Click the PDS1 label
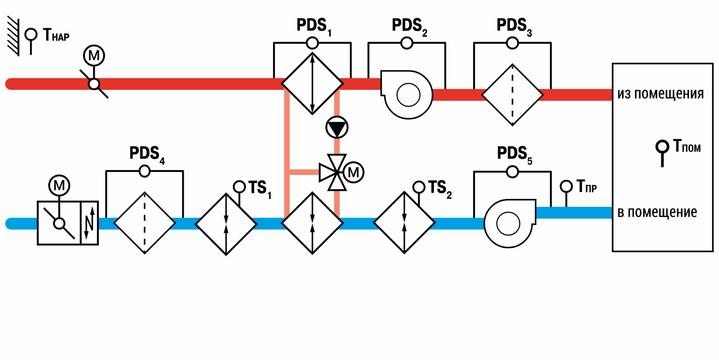(x=314, y=27)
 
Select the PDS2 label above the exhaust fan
(x=409, y=27)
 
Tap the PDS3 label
(x=514, y=27)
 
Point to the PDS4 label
(x=147, y=155)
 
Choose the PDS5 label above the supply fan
(x=515, y=155)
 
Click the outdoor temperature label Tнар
(x=56, y=35)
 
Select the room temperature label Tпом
(x=687, y=146)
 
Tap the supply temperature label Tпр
(x=587, y=186)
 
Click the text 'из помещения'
(x=660, y=94)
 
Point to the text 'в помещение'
(x=657, y=212)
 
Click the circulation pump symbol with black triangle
(x=337, y=127)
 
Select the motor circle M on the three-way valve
(x=353, y=172)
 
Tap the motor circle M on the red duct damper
(x=94, y=55)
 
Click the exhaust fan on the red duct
(x=407, y=94)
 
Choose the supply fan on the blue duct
(x=510, y=223)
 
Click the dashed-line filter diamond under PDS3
(x=513, y=95)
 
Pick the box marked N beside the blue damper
(x=90, y=223)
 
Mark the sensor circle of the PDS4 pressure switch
(x=145, y=171)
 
